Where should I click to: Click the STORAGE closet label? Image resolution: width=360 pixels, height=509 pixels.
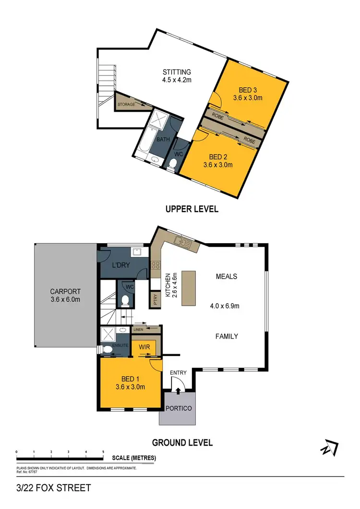click(x=126, y=104)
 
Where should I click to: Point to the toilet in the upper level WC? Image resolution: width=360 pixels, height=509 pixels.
click(x=173, y=164)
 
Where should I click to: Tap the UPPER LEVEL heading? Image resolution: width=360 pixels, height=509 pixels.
click(x=192, y=209)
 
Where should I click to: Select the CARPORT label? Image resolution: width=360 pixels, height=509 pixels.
click(x=65, y=291)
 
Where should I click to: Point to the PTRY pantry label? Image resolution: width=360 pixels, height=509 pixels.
click(x=156, y=300)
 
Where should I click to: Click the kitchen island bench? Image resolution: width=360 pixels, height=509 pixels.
click(x=189, y=288)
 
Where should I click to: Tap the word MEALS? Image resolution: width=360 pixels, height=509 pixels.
click(x=227, y=276)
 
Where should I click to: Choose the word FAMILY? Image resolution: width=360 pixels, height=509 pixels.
click(x=227, y=336)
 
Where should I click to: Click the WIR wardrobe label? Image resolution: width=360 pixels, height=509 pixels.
click(x=145, y=346)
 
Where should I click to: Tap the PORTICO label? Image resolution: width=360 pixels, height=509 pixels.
click(x=178, y=408)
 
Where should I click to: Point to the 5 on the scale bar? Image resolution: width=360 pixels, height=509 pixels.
click(x=103, y=452)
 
